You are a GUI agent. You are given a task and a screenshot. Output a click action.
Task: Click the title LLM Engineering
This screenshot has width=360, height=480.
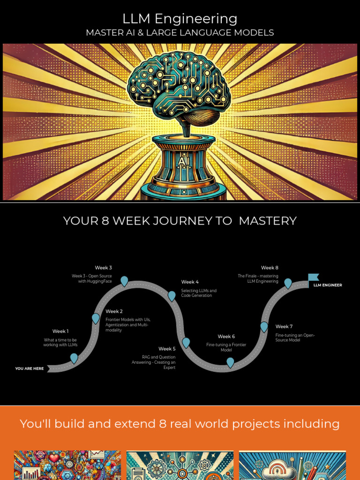(x=180, y=19)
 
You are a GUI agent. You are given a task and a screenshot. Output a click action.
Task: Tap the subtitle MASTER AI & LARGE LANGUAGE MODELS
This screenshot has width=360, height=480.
(x=180, y=33)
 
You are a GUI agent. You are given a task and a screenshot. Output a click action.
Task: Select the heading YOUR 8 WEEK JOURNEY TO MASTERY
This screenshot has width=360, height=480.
(x=180, y=221)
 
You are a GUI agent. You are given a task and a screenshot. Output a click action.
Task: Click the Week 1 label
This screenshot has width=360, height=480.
(x=60, y=331)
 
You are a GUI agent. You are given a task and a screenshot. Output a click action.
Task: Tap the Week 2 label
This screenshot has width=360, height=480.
(x=114, y=311)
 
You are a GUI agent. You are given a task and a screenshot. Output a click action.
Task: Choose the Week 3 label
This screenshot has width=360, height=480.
(x=104, y=268)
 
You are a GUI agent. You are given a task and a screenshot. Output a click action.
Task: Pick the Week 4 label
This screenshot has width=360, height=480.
(x=190, y=282)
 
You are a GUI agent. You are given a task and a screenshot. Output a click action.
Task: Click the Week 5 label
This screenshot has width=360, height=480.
(x=167, y=349)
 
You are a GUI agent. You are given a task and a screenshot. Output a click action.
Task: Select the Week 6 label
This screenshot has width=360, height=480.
(x=226, y=336)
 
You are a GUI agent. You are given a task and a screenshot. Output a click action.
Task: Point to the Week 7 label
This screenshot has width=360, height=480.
(x=284, y=326)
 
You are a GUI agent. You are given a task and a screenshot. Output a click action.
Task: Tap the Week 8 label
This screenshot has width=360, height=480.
(x=270, y=268)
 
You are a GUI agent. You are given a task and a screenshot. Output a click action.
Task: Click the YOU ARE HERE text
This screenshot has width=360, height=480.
(x=29, y=368)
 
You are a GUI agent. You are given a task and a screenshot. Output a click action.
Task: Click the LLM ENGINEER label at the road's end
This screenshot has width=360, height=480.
(x=328, y=285)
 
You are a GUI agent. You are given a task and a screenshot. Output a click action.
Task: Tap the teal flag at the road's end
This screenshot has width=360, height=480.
(x=313, y=277)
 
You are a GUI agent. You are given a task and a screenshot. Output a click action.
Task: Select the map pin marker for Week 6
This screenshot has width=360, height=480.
(x=230, y=362)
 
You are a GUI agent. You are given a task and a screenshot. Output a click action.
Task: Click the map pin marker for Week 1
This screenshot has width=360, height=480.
(x=74, y=359)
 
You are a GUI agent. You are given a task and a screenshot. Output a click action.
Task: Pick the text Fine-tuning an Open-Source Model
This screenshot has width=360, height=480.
(x=295, y=337)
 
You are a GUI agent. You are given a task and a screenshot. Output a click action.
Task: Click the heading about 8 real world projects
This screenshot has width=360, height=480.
(x=180, y=424)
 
